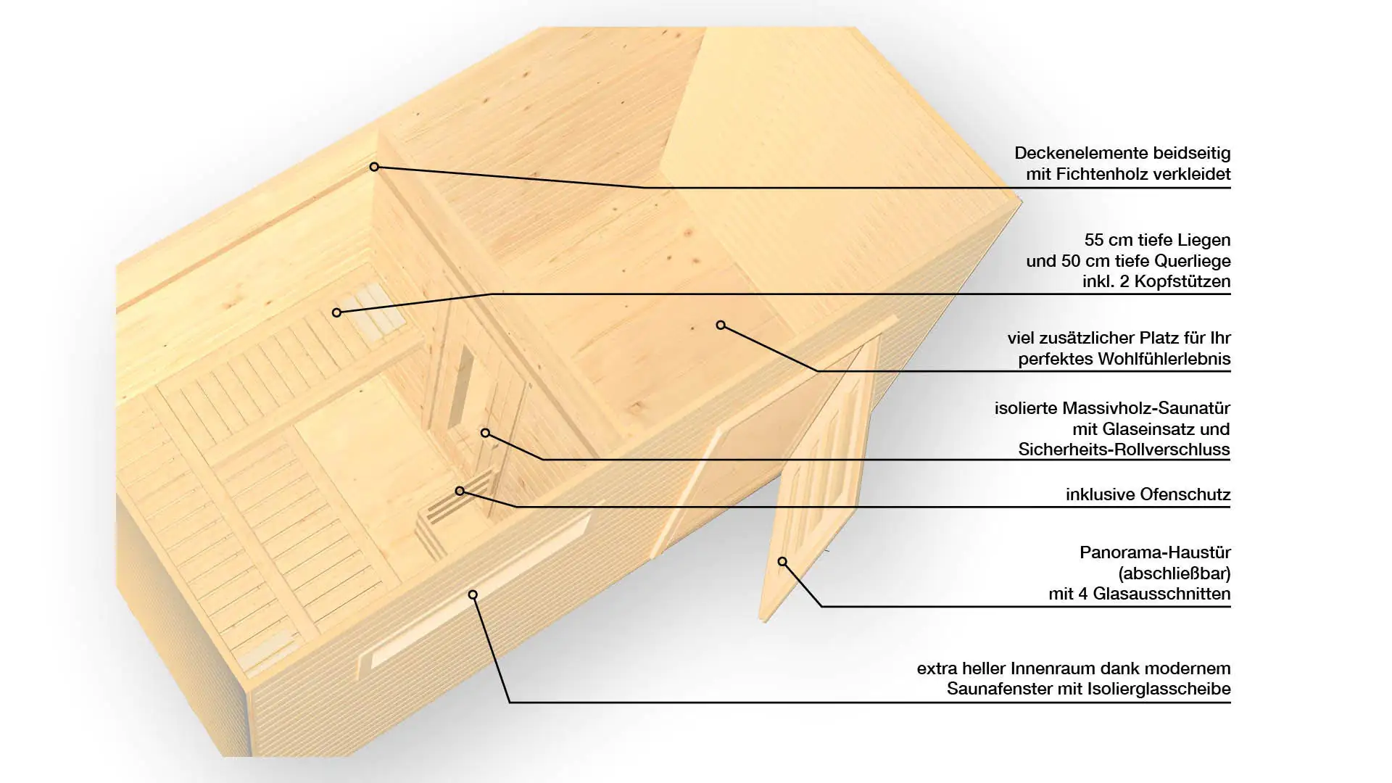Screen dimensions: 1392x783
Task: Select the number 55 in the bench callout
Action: click(1095, 240)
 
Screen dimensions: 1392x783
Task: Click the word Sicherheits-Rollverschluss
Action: click(1124, 449)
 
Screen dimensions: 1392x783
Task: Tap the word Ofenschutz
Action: click(1185, 494)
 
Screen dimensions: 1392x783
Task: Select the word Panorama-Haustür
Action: click(1155, 552)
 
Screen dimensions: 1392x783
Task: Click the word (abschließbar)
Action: click(1174, 573)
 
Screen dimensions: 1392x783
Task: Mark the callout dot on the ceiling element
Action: click(374, 167)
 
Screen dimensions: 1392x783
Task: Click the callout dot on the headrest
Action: click(336, 312)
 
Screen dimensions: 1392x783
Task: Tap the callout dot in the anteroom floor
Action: click(721, 325)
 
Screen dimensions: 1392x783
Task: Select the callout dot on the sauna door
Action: click(486, 433)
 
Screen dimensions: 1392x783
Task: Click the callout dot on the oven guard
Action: click(460, 491)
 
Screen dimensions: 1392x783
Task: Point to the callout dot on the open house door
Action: click(782, 561)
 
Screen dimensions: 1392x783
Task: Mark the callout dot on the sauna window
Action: click(473, 594)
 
